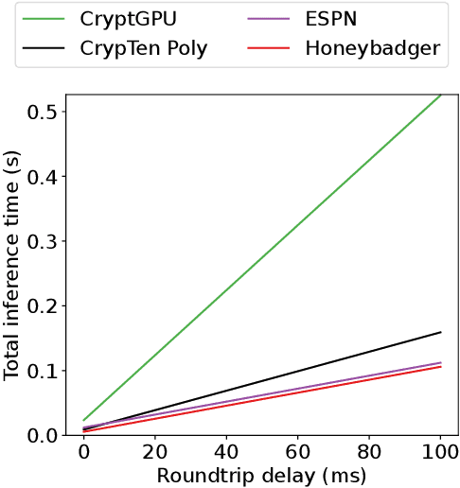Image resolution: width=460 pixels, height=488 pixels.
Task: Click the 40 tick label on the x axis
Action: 226,455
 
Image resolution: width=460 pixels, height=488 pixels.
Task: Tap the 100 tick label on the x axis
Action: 441,455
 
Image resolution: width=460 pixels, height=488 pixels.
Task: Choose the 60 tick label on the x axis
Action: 298,455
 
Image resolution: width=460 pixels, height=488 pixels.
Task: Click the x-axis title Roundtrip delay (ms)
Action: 262,475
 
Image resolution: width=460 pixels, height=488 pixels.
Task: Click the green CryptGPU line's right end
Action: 441,95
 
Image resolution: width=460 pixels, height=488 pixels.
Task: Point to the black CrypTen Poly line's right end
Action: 441,332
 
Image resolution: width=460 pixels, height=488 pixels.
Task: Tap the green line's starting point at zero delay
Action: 83,420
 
